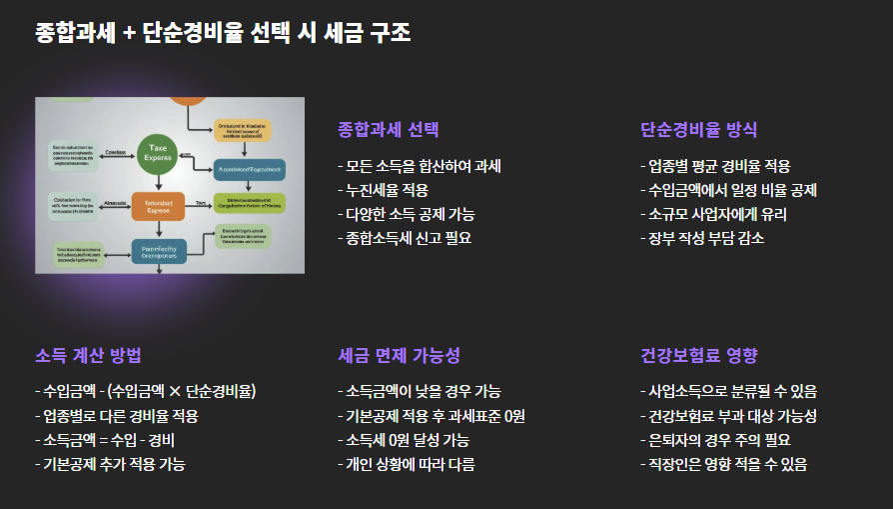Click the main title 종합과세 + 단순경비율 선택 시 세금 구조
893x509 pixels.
(223, 33)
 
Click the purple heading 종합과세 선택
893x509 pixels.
(389, 130)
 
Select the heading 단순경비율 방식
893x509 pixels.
(698, 130)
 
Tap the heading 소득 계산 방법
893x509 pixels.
(88, 356)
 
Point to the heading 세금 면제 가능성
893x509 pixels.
(399, 356)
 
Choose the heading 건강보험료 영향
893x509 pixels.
(698, 356)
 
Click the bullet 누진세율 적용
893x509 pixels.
(388, 190)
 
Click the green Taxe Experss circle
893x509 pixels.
(158, 152)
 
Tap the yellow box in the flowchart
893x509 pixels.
(243, 130)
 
